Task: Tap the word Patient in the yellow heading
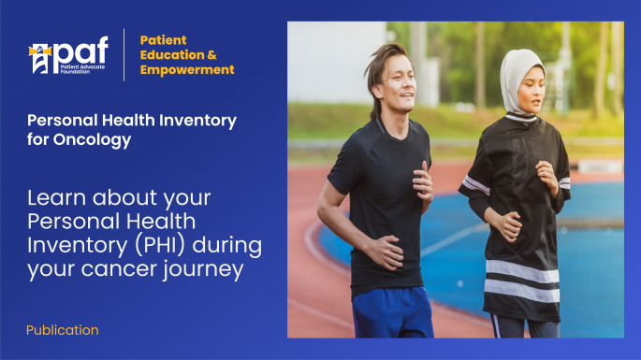pyautogui.click(x=164, y=40)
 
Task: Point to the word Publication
pyautogui.click(x=62, y=330)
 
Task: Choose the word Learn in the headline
pyautogui.click(x=53, y=198)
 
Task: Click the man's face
pyautogui.click(x=396, y=85)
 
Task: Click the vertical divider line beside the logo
pyautogui.click(x=124, y=54)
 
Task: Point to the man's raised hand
pyautogui.click(x=423, y=177)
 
